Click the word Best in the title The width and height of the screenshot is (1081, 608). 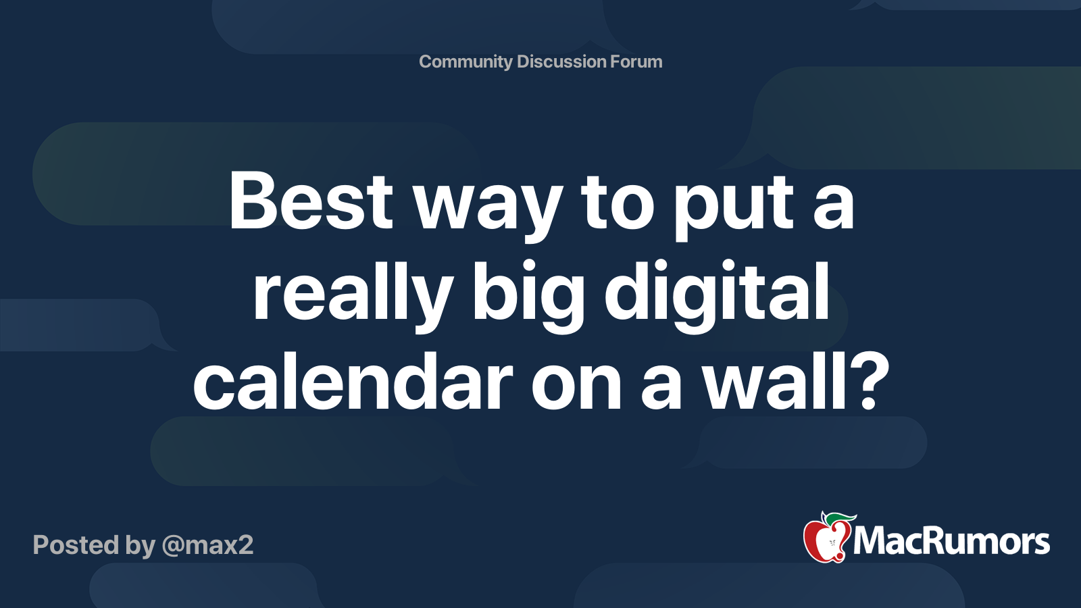click(x=311, y=201)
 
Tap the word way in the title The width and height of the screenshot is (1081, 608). click(x=488, y=206)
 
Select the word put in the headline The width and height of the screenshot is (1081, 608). click(x=733, y=206)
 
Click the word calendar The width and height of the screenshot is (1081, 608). click(x=353, y=383)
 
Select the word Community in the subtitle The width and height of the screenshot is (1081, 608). click(x=466, y=62)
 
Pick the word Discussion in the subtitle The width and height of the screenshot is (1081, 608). click(x=561, y=62)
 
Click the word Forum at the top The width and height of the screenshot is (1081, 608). click(x=636, y=62)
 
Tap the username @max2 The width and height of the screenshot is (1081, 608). click(x=207, y=545)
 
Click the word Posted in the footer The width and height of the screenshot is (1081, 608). click(x=75, y=545)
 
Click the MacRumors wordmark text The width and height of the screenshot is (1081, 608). click(x=951, y=542)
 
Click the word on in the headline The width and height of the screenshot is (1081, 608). click(x=576, y=385)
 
